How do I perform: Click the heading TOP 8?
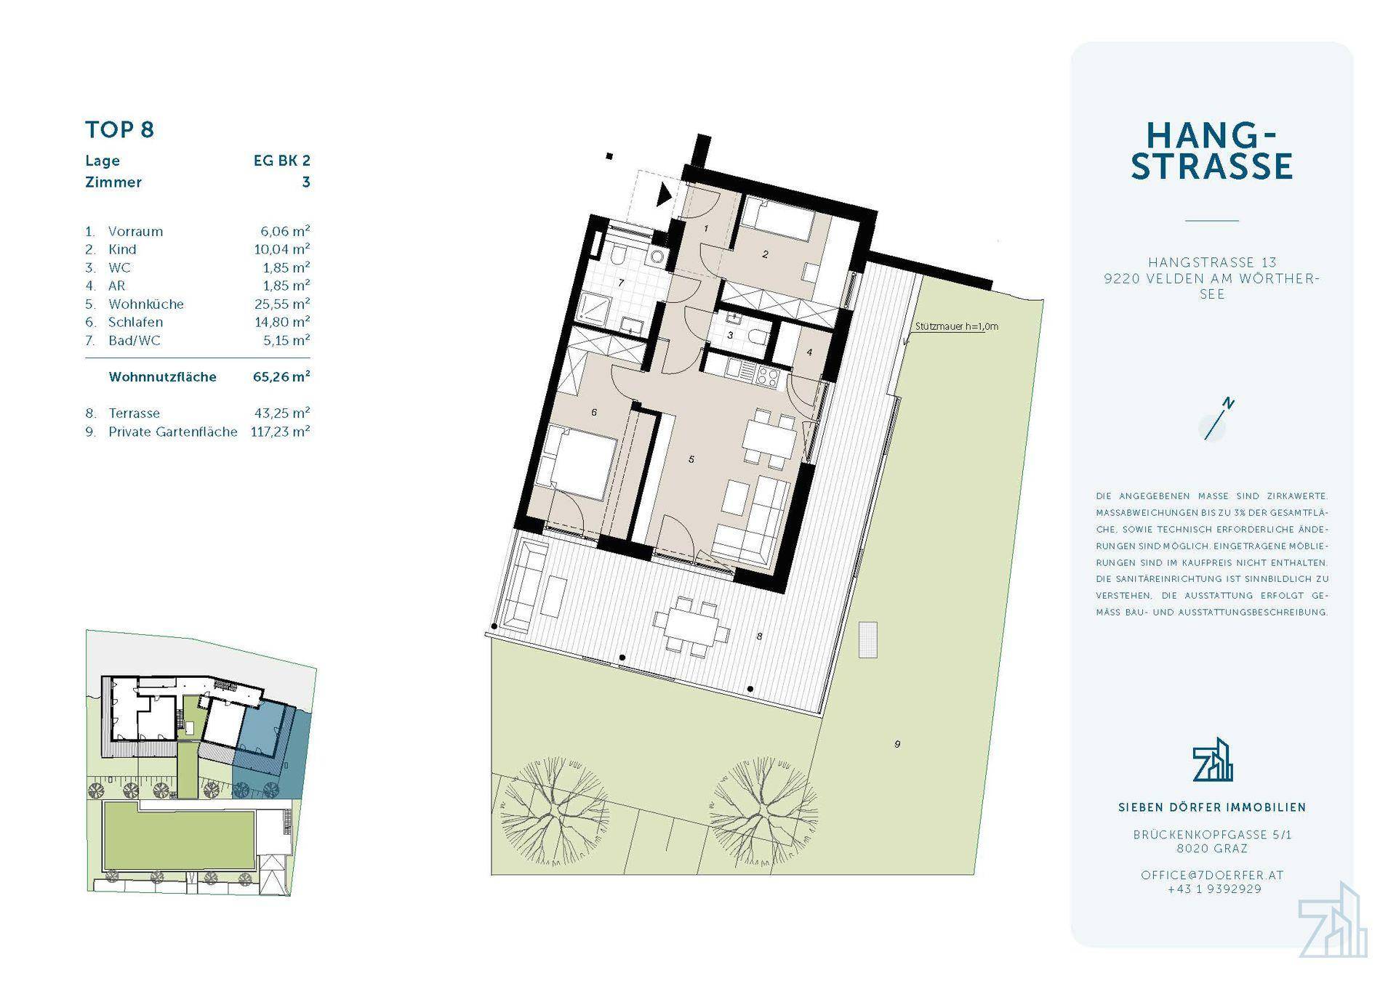120,130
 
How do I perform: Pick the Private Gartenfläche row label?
173,432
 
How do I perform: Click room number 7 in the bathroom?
621,283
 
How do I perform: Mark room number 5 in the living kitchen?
691,459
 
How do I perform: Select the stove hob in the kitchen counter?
769,376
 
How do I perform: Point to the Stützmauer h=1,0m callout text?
957,326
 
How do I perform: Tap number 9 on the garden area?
897,744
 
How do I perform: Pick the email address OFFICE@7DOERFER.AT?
1212,875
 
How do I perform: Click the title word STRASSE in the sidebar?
1212,166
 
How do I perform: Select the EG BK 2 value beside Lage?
281,161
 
